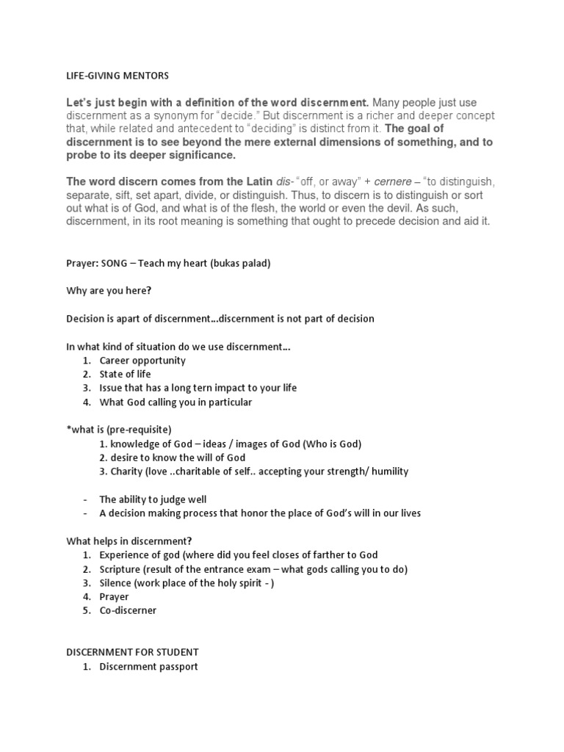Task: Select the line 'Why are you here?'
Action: [x=109, y=291]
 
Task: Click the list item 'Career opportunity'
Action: [x=142, y=361]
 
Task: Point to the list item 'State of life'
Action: [x=125, y=374]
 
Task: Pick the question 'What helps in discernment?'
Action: [x=129, y=540]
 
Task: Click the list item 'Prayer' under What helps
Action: [x=114, y=597]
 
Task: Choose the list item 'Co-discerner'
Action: [x=128, y=610]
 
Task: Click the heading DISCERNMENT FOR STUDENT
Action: [x=132, y=652]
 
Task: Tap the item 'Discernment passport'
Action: [x=148, y=667]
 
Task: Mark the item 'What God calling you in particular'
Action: [x=176, y=402]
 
